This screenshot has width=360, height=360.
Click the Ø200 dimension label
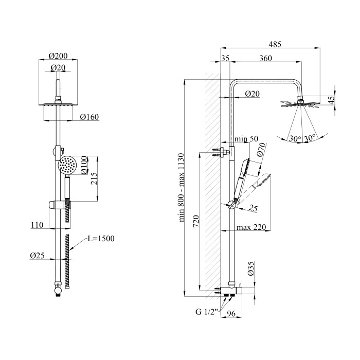(58, 56)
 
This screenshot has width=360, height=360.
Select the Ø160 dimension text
(89, 117)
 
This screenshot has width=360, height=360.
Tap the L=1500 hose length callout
(101, 239)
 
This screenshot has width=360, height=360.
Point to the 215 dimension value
(94, 178)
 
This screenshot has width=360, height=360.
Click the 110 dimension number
(37, 225)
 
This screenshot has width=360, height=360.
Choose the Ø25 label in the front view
(37, 256)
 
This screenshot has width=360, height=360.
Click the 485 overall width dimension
(275, 44)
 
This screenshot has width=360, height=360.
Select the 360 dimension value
(266, 58)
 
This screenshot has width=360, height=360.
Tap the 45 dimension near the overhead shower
(331, 100)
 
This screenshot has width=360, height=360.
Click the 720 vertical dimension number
(196, 222)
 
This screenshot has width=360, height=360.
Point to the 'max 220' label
(251, 227)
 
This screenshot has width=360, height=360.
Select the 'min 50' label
(246, 139)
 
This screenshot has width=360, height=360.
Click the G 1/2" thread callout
(206, 312)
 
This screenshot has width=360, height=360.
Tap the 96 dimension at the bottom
(231, 314)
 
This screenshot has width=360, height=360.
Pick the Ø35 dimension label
(251, 268)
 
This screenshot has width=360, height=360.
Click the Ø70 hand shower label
(261, 150)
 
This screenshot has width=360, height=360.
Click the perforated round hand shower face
(67, 165)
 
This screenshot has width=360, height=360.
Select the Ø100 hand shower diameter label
(84, 165)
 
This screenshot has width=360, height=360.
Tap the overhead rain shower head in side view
(300, 104)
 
